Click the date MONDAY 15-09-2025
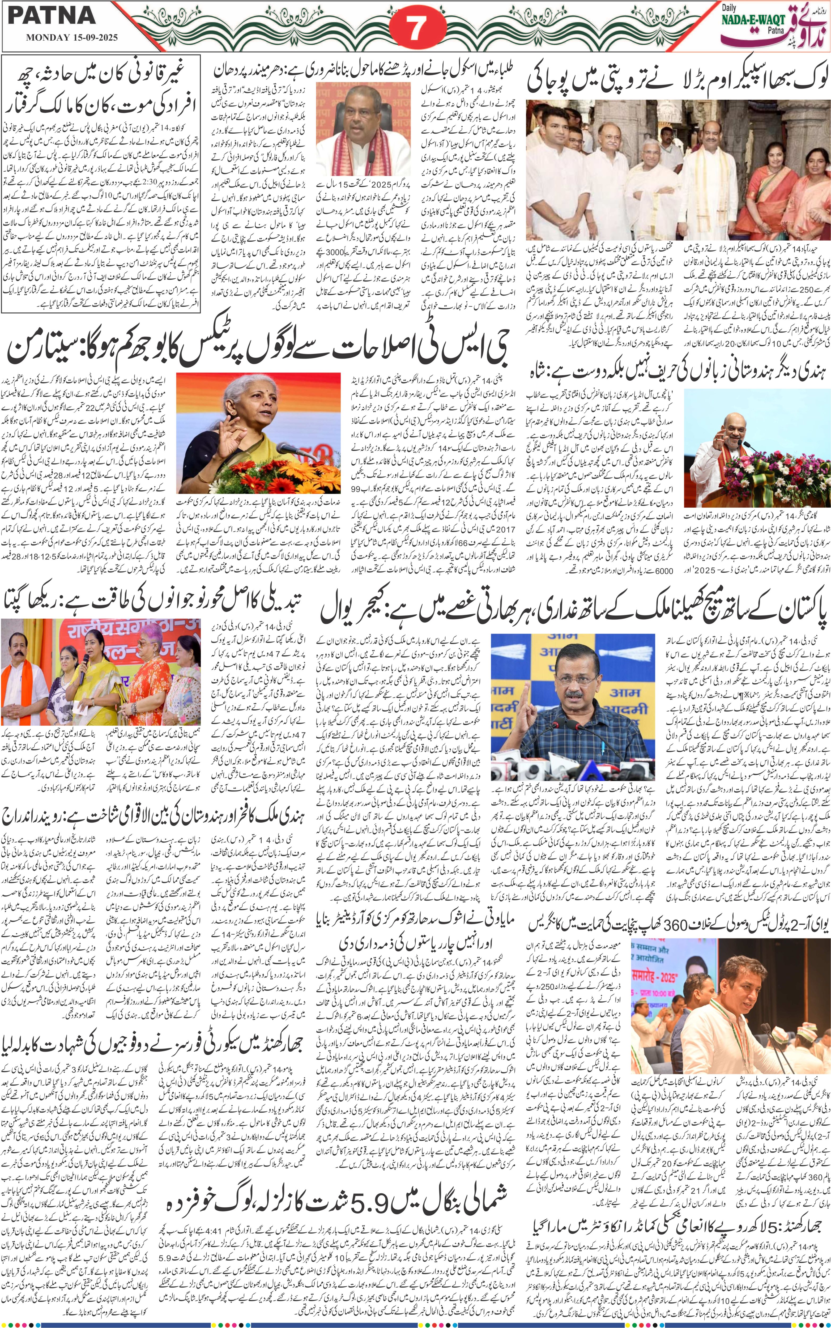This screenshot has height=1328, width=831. click(71, 39)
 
